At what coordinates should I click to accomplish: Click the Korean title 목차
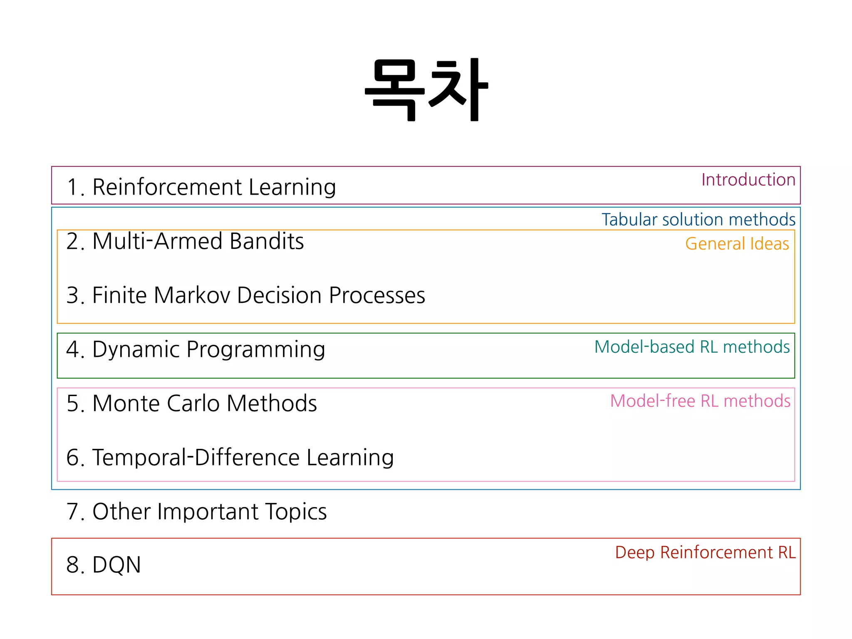426,89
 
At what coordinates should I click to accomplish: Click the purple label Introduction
748,180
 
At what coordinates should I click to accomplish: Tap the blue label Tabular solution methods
698,219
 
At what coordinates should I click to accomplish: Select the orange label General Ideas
737,244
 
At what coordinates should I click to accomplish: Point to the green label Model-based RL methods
692,347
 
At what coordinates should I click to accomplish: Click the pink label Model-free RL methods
700,401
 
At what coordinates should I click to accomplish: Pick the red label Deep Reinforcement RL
705,552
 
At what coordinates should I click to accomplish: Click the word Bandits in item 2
267,241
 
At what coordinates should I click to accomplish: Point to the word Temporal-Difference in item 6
196,458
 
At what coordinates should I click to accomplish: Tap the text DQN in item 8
116,565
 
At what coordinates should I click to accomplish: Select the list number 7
73,512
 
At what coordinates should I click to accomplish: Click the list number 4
73,349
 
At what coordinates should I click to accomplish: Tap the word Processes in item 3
377,295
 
